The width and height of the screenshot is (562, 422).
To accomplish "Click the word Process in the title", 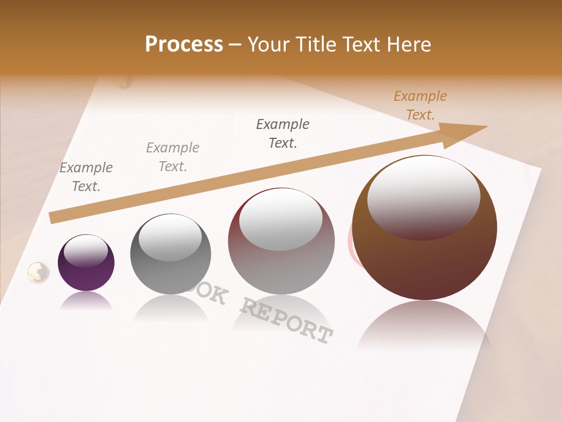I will coord(184,44).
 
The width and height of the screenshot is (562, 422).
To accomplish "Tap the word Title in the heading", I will coord(317,45).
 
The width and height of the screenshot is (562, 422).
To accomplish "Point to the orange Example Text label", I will coord(420,105).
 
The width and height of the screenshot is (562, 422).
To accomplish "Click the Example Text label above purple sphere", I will coord(86,177).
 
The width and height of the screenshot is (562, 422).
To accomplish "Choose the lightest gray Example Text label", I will coord(173,157).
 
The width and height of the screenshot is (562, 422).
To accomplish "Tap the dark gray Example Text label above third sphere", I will coord(283,134).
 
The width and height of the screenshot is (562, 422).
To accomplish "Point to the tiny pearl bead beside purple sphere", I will coord(38,271).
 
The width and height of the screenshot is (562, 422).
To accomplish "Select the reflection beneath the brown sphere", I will coord(424,325).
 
